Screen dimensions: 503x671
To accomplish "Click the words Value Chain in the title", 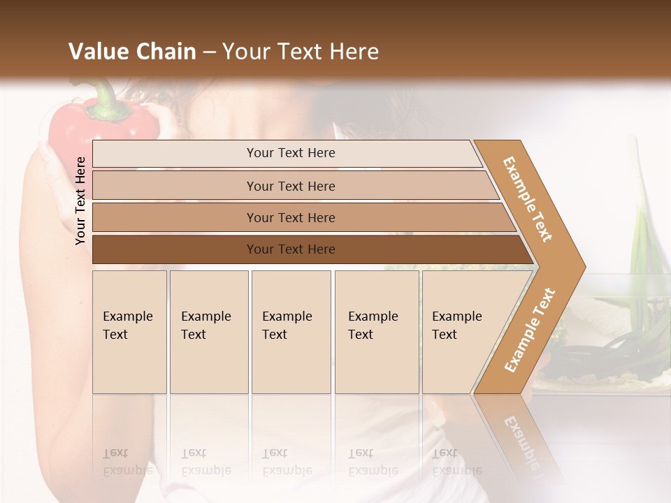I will tap(132, 52).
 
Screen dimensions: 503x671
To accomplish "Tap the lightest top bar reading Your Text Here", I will tap(290, 153).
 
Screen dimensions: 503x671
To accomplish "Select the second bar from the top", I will tap(290, 186).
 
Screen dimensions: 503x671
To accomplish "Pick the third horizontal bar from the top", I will tap(290, 217).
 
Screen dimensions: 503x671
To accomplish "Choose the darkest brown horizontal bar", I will tap(290, 249).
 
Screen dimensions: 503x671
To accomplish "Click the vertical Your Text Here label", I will tap(80, 201).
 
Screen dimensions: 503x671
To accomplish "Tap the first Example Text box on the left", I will tap(129, 332).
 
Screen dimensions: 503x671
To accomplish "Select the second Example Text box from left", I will tap(209, 332).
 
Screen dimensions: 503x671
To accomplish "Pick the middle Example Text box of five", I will tap(291, 332).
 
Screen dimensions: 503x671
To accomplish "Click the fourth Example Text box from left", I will tap(377, 332).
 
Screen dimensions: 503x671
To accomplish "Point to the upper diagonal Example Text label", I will tap(528, 199).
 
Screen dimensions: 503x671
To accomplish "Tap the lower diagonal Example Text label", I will tap(529, 330).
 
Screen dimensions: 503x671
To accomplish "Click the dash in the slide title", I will tap(209, 52).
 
